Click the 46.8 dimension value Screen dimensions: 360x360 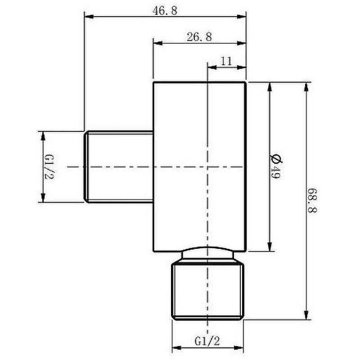tap(165, 11)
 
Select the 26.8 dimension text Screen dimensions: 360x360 tap(199, 37)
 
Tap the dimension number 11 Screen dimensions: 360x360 tap(226, 61)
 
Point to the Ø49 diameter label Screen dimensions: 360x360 tap(275, 166)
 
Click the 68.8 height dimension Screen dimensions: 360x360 tap(312, 200)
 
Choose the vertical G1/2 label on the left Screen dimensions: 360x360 tap(49, 167)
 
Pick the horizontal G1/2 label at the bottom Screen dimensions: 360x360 tap(207, 341)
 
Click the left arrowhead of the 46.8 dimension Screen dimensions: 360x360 tap(89, 17)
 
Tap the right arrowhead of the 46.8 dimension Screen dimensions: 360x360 tap(242, 17)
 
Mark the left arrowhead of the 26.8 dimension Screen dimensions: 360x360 tap(158, 43)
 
